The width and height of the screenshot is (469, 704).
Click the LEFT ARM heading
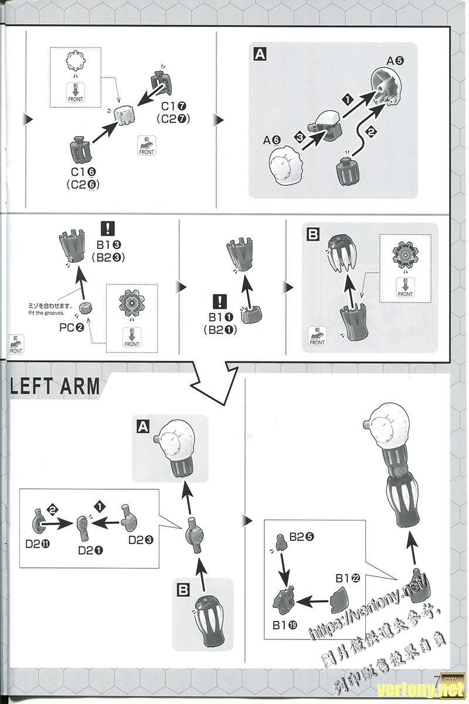pos(55,387)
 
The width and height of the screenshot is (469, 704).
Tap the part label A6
pos(272,140)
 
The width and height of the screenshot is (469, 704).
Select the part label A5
pos(395,60)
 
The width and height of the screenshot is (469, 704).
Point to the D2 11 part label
pos(37,543)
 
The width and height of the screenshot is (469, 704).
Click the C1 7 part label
pos(174,106)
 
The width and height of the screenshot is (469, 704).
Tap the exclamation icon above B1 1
pos(219,302)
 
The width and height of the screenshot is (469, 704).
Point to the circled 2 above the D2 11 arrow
pos(53,510)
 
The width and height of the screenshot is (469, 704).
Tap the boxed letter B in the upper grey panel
pos(313,235)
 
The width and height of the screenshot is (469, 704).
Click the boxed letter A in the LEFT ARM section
pos(143,427)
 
